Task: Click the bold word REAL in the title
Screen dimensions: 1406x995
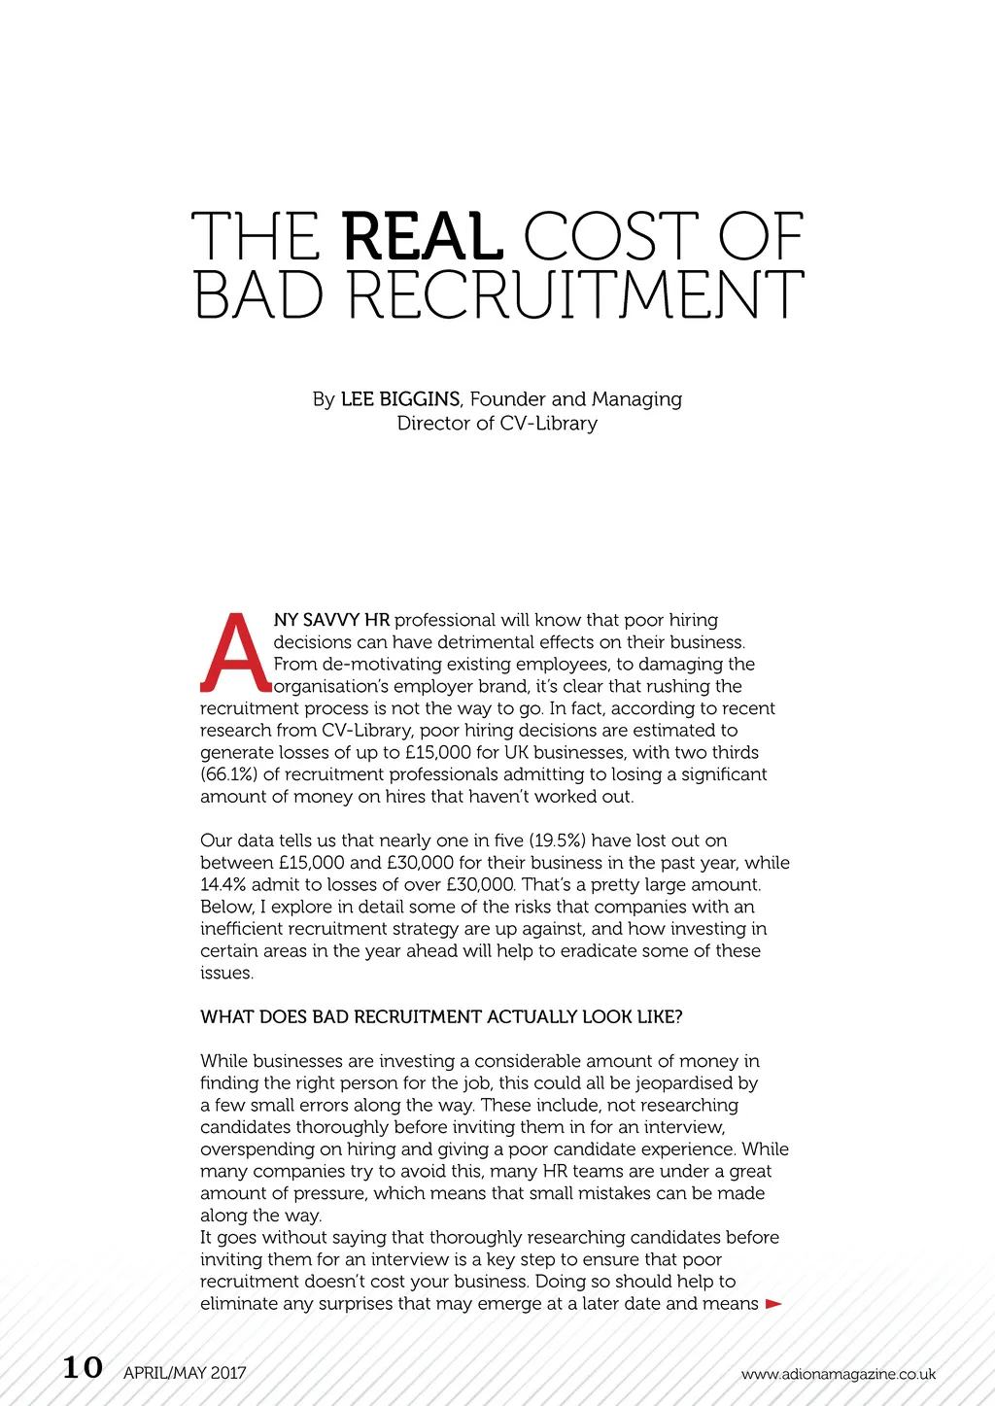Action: click(423, 237)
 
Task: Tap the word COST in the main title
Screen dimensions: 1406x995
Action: click(609, 237)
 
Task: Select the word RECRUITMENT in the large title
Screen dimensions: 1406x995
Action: click(576, 295)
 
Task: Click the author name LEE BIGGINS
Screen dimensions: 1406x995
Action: click(399, 399)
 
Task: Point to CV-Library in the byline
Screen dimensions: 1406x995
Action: click(548, 424)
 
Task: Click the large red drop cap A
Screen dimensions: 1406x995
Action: click(234, 652)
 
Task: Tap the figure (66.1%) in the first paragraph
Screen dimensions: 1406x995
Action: click(228, 774)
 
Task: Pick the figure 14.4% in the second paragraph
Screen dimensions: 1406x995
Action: click(223, 885)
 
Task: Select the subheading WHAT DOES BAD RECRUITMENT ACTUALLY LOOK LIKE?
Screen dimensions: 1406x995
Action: click(441, 1017)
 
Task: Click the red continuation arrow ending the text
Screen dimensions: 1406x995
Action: click(773, 1304)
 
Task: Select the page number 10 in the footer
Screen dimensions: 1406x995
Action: click(83, 1368)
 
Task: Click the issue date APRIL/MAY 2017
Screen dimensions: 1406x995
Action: click(185, 1373)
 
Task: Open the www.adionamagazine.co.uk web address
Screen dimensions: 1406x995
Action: click(838, 1374)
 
